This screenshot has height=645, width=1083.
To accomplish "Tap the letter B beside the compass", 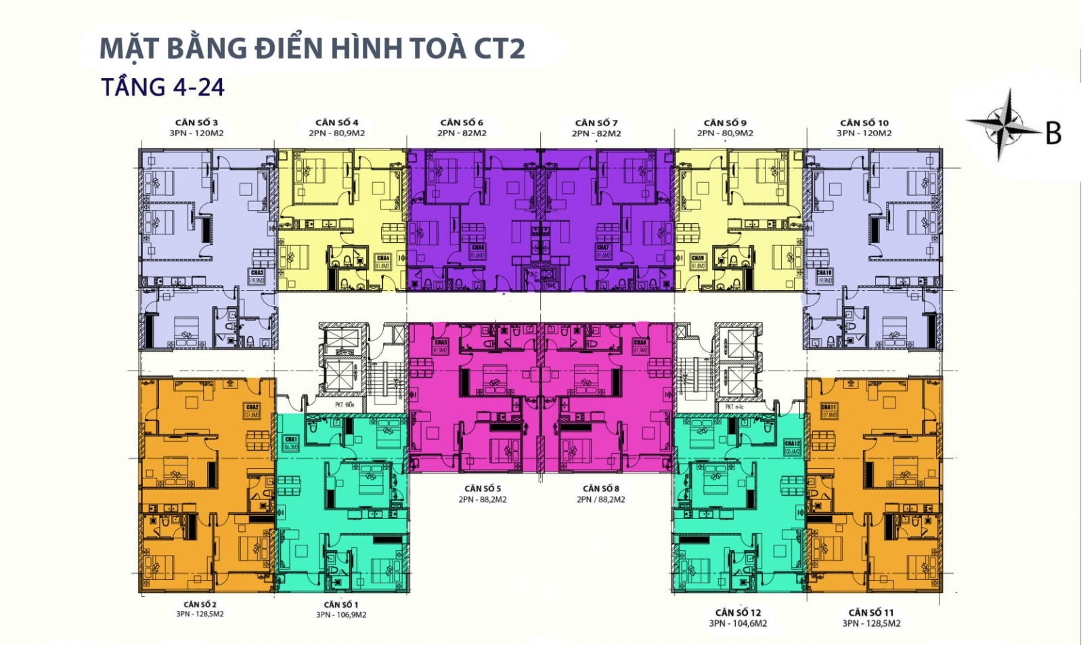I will point(1053,133).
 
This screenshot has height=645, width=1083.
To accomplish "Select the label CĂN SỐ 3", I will point(196,123).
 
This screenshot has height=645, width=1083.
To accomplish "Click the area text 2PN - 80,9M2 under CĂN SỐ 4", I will point(336,133).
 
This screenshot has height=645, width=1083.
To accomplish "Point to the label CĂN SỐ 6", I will point(462,123).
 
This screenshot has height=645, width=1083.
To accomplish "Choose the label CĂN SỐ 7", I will point(596,123).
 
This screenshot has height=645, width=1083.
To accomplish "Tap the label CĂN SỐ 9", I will point(725,123).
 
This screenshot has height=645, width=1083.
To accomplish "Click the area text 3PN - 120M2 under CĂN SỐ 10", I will point(864,133).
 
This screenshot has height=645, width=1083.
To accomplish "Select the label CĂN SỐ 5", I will point(483,488).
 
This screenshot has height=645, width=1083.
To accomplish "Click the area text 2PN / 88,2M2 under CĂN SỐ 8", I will point(601,499).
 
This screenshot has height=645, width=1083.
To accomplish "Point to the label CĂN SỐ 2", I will point(200,604).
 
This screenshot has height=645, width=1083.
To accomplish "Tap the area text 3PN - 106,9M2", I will point(341,615).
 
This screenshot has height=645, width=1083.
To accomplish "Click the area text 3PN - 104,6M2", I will point(738,623).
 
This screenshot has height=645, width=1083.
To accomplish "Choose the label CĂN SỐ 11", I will point(871,612).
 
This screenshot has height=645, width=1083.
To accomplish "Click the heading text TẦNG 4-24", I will point(162,87).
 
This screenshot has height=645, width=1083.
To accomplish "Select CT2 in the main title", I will point(499,49).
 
